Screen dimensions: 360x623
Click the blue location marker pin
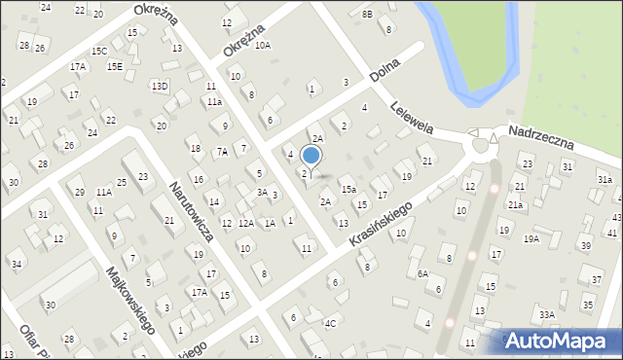pos(311,156)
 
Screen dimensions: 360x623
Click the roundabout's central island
pos(480,146)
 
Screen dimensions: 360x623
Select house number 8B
pos(367,14)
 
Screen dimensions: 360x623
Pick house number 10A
pos(263,45)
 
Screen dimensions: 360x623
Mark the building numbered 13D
pos(160,86)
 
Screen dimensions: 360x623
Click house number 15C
pos(99,51)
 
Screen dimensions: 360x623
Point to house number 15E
pos(115,66)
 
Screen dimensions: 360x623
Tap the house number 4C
pos(331,323)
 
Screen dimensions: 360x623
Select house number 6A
pos(422,274)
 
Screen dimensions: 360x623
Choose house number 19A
pos(531,238)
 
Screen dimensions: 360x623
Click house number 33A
pos(547,314)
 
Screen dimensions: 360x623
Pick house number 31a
pos(605,180)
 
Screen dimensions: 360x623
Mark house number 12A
pos(245,224)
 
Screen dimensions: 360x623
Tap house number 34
pos(16,264)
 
